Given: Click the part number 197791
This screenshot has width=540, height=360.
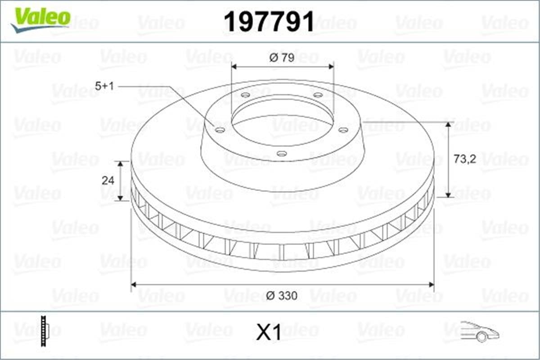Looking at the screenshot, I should (x=269, y=21).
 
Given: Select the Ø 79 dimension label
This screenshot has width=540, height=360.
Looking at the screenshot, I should (x=282, y=58).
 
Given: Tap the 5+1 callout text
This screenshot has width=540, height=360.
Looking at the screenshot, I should (x=104, y=86).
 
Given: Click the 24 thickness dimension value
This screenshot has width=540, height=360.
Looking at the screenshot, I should (x=108, y=180).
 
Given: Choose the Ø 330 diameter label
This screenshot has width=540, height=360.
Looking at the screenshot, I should (x=282, y=296).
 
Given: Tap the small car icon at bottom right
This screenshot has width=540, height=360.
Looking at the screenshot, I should (x=479, y=332).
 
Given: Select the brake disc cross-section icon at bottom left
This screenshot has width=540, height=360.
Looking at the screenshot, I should (x=44, y=332).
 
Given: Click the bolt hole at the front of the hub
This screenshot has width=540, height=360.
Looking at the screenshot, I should (x=282, y=154).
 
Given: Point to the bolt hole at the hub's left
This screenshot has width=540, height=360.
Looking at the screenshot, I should (x=220, y=130).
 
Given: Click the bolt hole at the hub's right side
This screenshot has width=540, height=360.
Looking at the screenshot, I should (x=343, y=130).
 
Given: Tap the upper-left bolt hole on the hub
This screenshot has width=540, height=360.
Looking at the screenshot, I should (x=245, y=95).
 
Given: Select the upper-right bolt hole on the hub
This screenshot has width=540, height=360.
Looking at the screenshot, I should (x=318, y=95).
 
